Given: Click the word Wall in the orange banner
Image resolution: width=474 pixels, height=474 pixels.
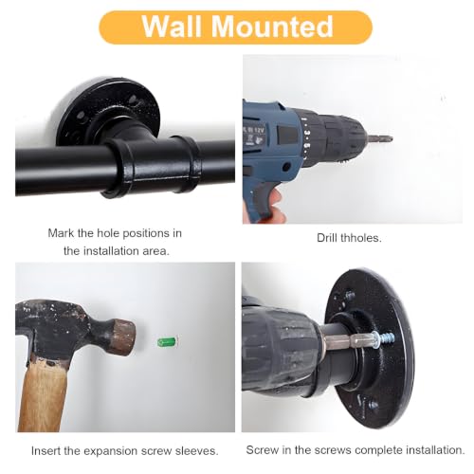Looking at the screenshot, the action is (172, 26).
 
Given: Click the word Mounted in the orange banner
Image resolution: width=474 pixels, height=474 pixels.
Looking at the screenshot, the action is (272, 26).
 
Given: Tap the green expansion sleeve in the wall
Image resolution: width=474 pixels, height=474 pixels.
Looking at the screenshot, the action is (167, 341).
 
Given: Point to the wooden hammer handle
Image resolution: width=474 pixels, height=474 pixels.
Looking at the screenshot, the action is (45, 395).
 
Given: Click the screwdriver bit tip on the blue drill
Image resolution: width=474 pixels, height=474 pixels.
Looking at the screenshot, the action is (380, 138).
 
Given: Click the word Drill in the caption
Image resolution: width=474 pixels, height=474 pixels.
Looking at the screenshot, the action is (326, 238).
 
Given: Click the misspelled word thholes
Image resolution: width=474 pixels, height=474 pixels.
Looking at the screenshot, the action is (360, 238).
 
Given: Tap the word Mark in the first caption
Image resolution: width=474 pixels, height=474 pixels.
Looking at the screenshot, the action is (62, 233).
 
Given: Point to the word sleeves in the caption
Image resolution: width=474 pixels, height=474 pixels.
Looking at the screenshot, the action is (196, 451).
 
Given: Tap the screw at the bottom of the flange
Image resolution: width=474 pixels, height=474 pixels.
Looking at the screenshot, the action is (374, 404).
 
